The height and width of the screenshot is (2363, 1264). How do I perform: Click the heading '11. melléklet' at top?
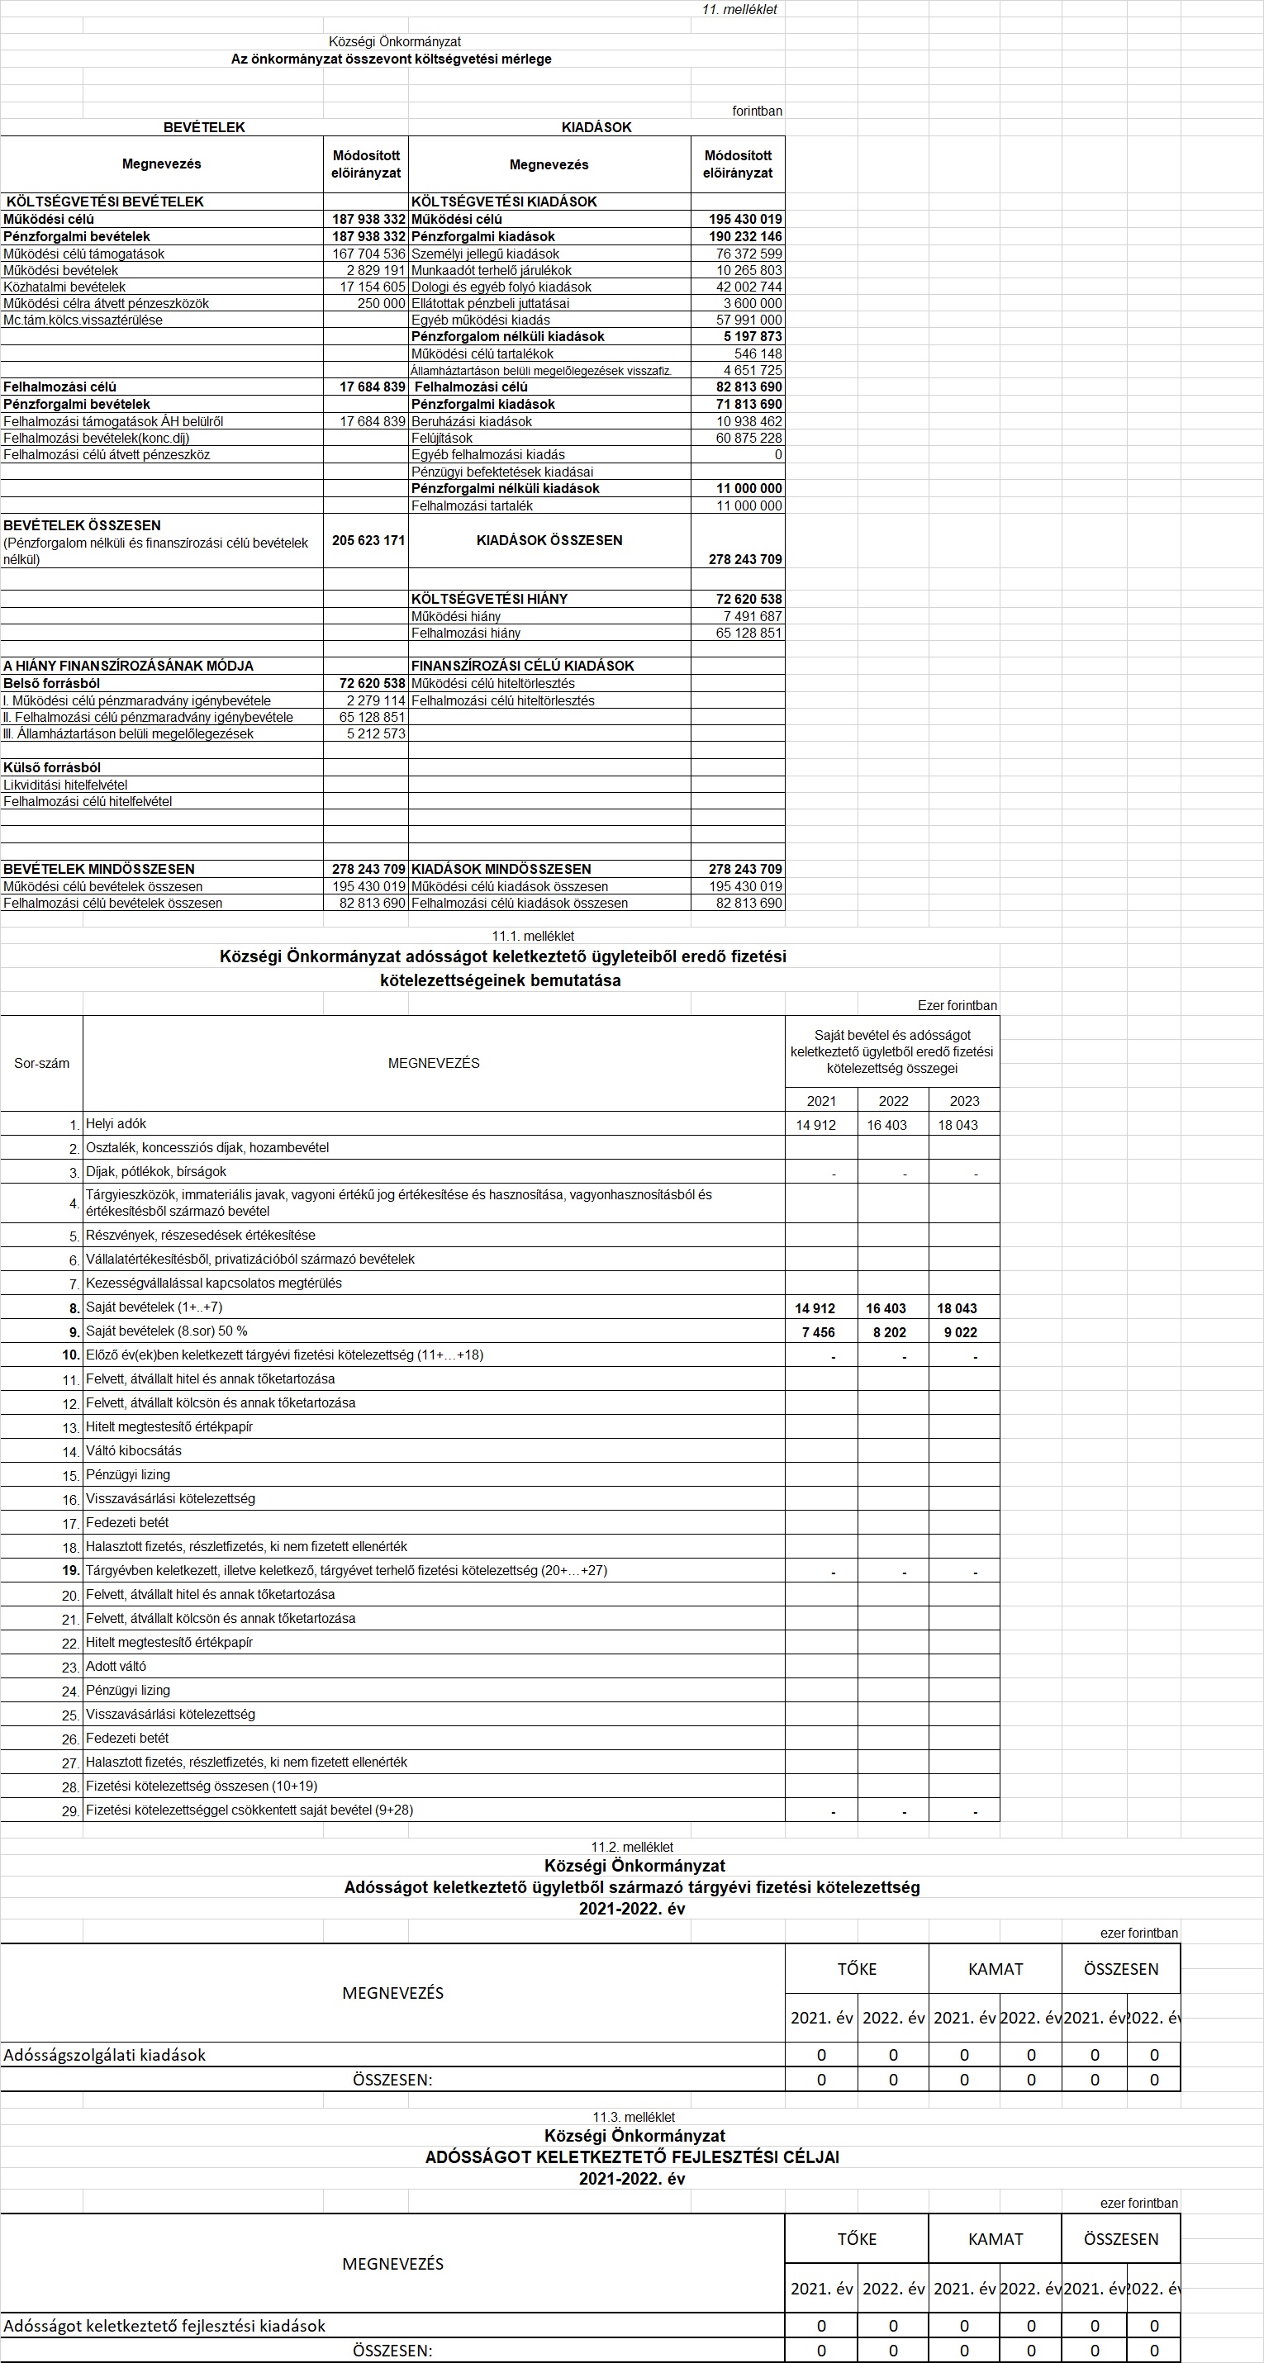point(739,9)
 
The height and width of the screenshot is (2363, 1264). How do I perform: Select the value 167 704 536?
point(368,254)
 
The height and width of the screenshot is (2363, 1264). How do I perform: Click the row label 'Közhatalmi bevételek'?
point(64,287)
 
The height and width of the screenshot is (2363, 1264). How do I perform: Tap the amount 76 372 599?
point(748,254)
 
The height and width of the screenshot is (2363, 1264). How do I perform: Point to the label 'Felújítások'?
point(442,439)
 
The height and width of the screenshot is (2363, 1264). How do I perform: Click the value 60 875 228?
point(748,439)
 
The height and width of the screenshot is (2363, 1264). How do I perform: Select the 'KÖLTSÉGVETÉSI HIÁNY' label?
point(489,599)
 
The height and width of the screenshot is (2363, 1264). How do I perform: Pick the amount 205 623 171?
point(368,540)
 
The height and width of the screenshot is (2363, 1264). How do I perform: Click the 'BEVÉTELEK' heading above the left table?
point(203,127)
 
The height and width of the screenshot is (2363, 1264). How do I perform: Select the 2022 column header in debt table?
point(893,1101)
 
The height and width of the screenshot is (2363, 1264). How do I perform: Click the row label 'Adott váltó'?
point(116,1666)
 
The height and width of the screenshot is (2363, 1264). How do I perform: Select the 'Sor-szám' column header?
point(41,1063)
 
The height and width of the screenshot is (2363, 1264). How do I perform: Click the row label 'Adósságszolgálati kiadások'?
point(105,2055)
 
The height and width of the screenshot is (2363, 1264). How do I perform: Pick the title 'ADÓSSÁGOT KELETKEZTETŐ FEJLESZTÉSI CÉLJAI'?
point(632,2157)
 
